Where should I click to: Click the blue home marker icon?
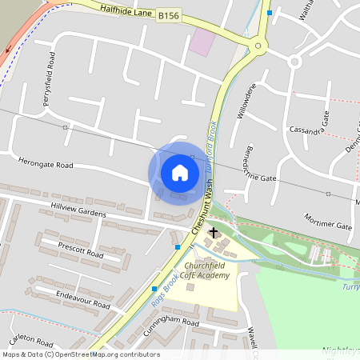(180, 172)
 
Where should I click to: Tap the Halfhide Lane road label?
(128, 11)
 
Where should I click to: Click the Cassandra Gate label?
(310, 128)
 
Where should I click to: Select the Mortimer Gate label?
(328, 222)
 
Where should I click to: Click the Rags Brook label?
(165, 292)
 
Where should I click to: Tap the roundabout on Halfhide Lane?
(258, 47)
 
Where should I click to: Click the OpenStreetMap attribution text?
(80, 354)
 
